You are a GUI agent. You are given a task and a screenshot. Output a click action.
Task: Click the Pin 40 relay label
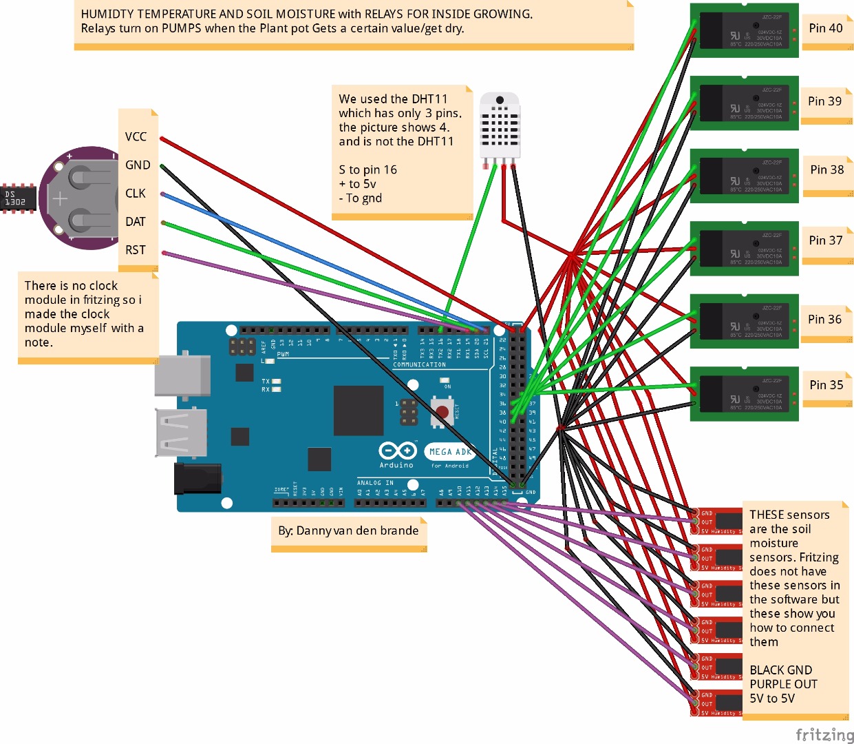coord(825,28)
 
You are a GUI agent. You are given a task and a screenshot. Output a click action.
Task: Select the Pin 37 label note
coord(825,240)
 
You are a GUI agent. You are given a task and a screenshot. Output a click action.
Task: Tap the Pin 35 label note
coord(826,385)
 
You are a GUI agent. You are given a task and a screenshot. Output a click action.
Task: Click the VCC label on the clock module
coord(136,136)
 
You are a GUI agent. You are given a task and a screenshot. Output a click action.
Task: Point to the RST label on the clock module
coord(136,250)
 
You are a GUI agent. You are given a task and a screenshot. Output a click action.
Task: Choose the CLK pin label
coord(136,194)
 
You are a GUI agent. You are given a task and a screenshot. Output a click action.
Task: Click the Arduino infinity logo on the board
coord(398,451)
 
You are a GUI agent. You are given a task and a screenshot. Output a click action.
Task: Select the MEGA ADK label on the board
coord(450,452)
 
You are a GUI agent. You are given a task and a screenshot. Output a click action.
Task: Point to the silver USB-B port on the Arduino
coord(182,376)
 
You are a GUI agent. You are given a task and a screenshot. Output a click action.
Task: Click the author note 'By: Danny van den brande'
coord(348,530)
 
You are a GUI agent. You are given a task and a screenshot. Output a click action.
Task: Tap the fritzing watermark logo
coord(824,734)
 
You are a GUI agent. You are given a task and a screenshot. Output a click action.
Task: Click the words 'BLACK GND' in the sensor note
coord(780,670)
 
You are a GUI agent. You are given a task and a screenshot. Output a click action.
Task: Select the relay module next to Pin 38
coord(745,175)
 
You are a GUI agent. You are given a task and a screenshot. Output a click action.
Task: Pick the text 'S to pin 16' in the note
coord(367,169)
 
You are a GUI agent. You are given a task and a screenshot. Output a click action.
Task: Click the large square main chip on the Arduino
coord(358,411)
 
